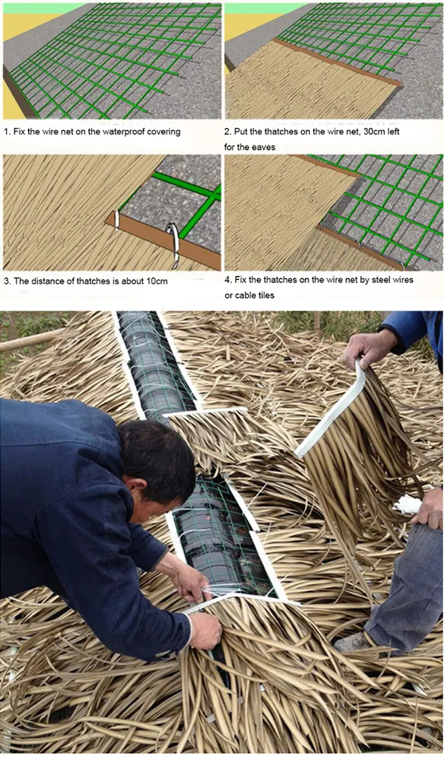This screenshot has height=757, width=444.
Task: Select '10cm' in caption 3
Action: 157,282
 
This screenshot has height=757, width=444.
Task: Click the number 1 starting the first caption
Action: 6,132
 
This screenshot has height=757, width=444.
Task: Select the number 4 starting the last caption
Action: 227,281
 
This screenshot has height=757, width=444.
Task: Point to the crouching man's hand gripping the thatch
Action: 203,629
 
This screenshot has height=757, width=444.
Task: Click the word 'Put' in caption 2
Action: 241,132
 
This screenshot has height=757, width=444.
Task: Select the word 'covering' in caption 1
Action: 164,132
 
